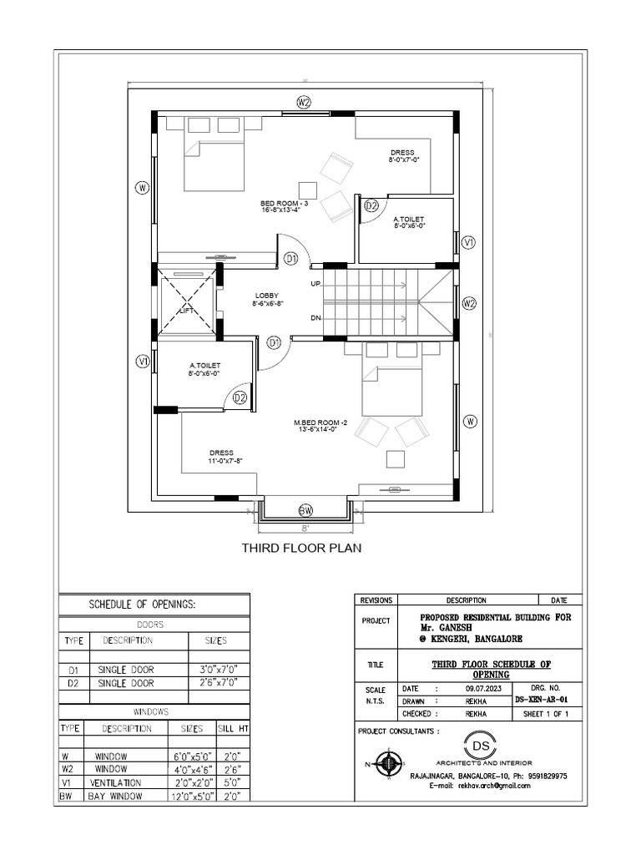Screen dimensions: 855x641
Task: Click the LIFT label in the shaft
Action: pos(186,310)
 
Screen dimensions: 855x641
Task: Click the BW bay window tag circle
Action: pos(305,510)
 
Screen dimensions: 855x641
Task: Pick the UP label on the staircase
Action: pos(316,285)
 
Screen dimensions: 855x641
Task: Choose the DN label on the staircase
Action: pos(316,318)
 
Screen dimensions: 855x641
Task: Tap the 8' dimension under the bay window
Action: pos(305,529)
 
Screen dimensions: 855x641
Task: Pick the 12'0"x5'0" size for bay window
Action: pos(191,797)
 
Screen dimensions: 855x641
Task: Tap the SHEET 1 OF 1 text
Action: pos(545,715)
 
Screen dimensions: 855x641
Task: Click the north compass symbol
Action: pos(386,763)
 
